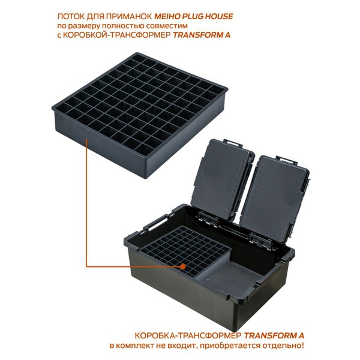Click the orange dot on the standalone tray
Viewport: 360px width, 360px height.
pyautogui.click(x=88, y=142)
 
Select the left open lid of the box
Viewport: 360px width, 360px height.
pyautogui.click(x=223, y=180)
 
